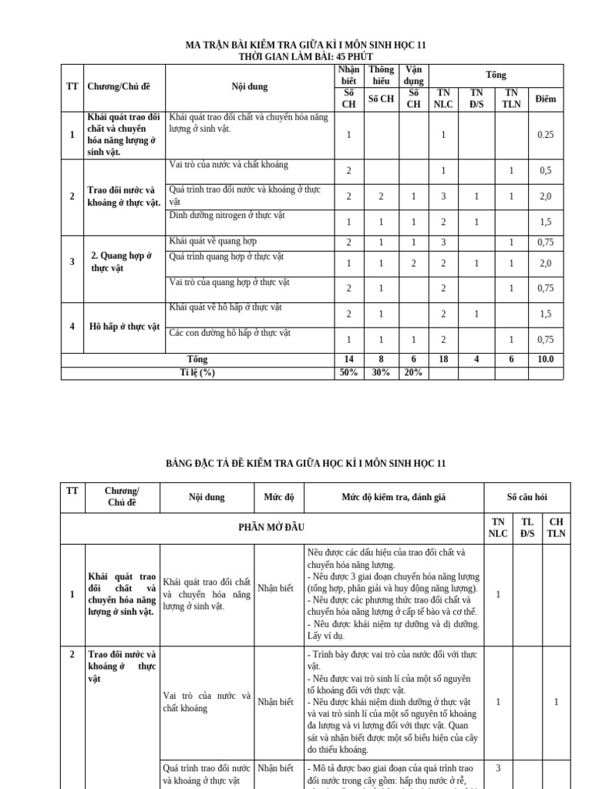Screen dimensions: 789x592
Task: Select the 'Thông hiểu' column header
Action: [x=381, y=75]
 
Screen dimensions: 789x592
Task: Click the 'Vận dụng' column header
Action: [x=413, y=75]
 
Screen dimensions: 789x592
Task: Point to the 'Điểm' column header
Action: [x=545, y=99]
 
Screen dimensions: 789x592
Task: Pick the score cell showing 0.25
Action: [x=545, y=135]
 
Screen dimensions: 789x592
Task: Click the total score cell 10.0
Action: [x=545, y=360]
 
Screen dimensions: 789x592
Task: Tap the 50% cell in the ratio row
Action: [x=348, y=373]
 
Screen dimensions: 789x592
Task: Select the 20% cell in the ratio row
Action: [x=413, y=373]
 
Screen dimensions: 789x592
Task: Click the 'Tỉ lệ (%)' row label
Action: [x=197, y=373]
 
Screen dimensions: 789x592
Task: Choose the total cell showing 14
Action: [x=348, y=360]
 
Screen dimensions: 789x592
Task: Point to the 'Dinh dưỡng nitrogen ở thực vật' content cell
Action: [x=227, y=216]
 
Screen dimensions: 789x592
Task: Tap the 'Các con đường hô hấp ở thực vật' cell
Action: [x=230, y=334]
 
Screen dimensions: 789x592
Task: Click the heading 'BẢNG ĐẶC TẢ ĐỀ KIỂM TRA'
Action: [x=306, y=463]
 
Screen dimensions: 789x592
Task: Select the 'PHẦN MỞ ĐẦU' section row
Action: [x=272, y=527]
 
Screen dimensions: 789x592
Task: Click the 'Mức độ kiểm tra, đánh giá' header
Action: [x=394, y=498]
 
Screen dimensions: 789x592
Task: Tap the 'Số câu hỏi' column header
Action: [x=527, y=498]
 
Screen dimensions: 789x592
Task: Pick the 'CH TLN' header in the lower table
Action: [x=556, y=527]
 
